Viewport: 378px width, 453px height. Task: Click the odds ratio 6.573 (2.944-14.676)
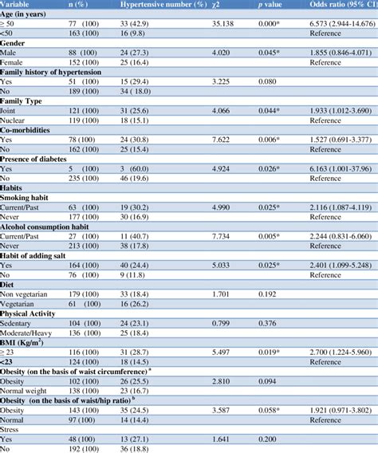[x=343, y=26]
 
